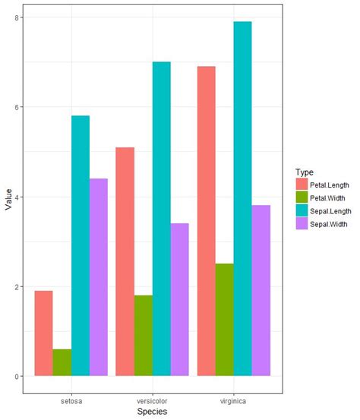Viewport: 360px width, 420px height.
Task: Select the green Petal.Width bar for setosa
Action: click(62, 362)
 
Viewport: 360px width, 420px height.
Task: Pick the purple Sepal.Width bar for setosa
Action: click(98, 276)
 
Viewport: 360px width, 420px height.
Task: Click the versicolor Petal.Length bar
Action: click(125, 261)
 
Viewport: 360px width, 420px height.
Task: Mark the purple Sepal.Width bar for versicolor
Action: click(179, 299)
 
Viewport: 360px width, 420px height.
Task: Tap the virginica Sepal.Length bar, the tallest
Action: click(242, 198)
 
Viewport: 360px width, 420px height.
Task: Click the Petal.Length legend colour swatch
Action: click(302, 184)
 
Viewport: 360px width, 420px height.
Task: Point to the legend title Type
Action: click(305, 172)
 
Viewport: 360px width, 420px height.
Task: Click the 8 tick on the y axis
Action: click(19, 17)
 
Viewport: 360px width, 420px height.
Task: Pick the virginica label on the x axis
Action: click(234, 400)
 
